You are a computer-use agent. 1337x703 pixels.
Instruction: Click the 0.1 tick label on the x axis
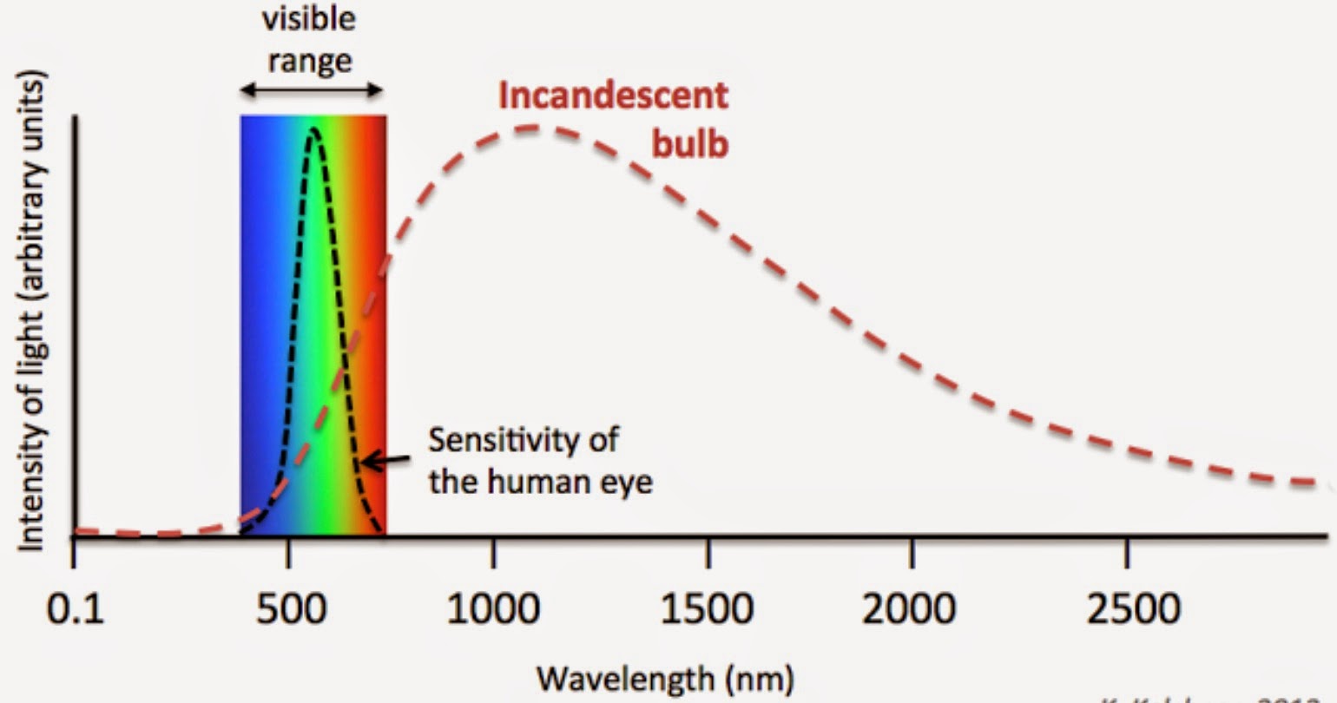click(x=76, y=608)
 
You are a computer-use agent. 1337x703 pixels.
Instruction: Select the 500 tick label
click(x=291, y=608)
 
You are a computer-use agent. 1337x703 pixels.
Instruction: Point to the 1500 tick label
click(x=707, y=608)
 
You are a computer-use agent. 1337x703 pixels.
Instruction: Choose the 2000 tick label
click(x=908, y=608)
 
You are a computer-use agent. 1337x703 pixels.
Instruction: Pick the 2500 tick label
click(x=1133, y=608)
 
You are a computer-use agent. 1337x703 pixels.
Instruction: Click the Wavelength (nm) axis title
click(x=665, y=677)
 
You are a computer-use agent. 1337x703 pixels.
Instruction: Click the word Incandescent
click(x=614, y=95)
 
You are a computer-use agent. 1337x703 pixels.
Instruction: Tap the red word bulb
click(x=690, y=143)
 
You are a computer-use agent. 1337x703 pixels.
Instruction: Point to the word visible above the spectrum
click(x=309, y=19)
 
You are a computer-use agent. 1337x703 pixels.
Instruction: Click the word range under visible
click(x=309, y=61)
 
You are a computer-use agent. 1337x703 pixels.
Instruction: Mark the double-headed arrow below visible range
click(x=311, y=89)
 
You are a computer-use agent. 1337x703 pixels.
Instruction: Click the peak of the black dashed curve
click(x=313, y=129)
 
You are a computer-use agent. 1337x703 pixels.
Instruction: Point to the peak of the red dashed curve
click(x=531, y=128)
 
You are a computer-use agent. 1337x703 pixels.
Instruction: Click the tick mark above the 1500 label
click(x=708, y=549)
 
